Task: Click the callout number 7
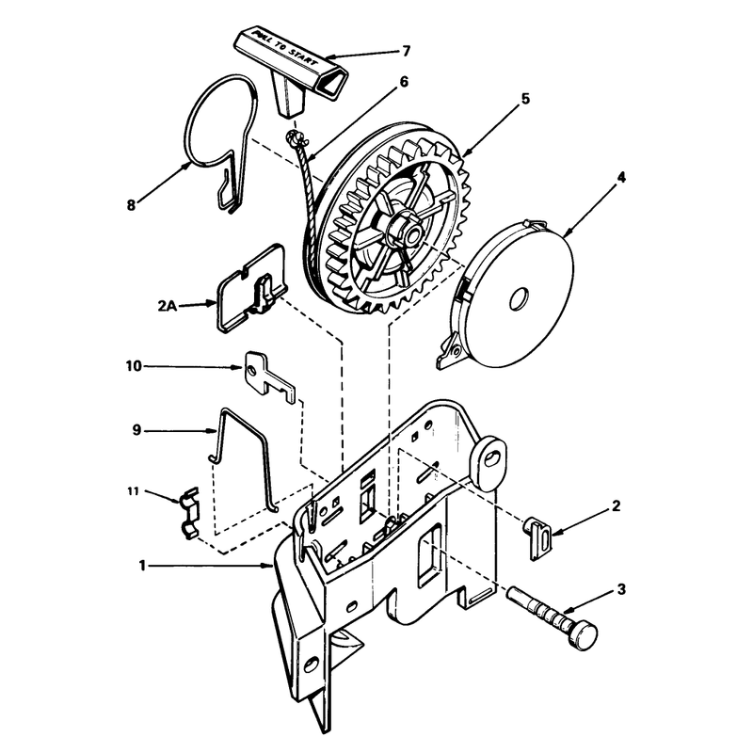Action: click(407, 51)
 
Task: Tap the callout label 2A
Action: click(168, 305)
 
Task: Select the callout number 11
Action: click(133, 491)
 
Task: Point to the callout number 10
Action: click(134, 366)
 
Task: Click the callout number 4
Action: click(621, 177)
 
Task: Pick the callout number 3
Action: click(621, 589)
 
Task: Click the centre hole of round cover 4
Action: click(520, 299)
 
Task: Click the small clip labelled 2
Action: click(537, 537)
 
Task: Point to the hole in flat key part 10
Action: click(253, 370)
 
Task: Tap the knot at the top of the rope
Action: click(295, 139)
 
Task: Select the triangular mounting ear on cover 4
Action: click(450, 351)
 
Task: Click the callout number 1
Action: click(142, 566)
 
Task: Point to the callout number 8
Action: click(131, 205)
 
